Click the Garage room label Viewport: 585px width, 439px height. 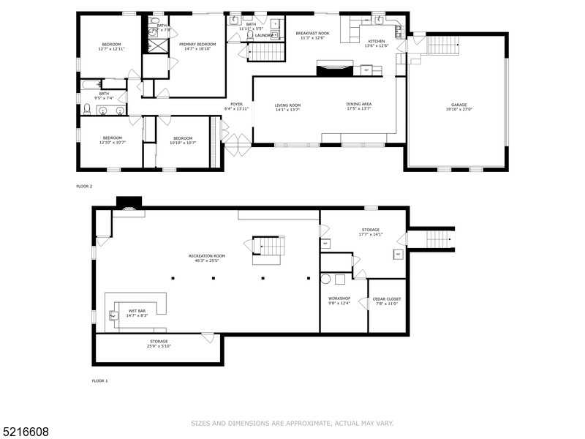[458, 104]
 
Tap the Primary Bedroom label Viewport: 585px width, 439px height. [197, 44]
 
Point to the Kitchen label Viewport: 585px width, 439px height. [376, 41]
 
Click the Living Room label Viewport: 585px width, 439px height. [287, 105]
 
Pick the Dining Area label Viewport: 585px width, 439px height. [359, 105]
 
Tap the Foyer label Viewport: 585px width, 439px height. [236, 105]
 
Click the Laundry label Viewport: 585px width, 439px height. [264, 34]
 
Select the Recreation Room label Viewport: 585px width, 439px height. [206, 255]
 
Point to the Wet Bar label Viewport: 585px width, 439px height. [137, 311]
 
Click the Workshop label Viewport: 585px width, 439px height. [339, 299]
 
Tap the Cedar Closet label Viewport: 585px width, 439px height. [388, 299]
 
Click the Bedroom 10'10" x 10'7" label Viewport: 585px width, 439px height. [182, 138]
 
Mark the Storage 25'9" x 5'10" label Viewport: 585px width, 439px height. [159, 342]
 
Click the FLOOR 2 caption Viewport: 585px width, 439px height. [85, 187]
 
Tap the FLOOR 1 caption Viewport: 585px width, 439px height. [99, 381]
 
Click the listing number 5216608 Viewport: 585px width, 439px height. [25, 432]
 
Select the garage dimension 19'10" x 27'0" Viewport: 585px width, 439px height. [458, 109]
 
